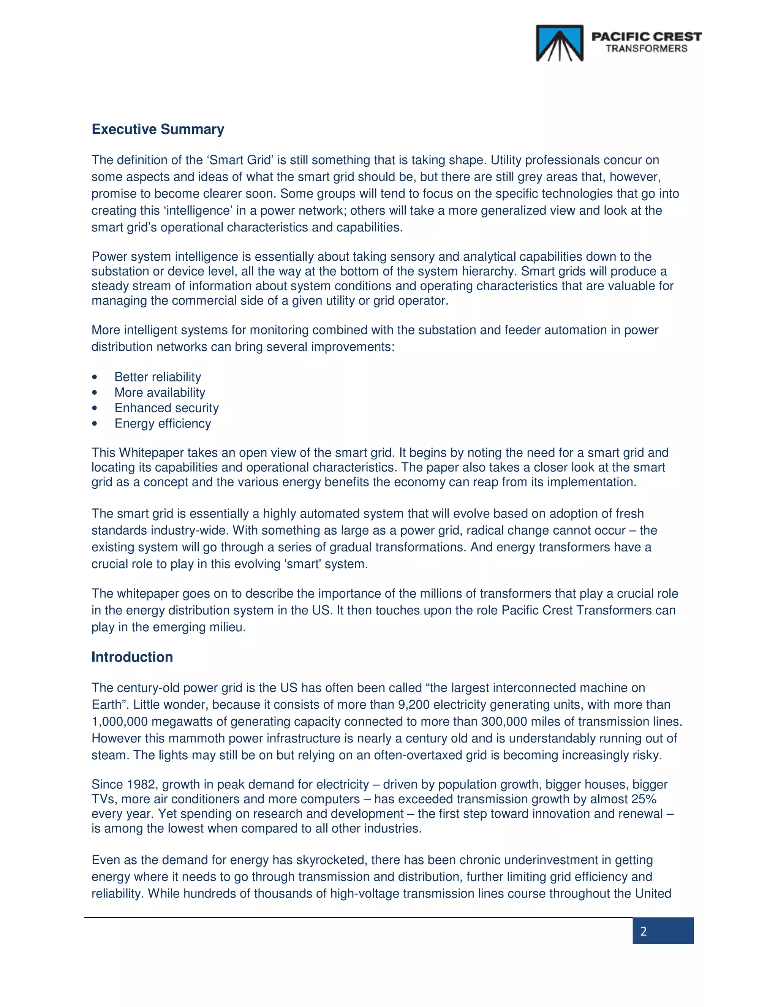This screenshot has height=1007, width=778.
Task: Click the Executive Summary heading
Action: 158,129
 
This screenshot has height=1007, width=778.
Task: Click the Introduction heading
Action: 132,657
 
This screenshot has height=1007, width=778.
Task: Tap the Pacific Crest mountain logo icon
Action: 560,43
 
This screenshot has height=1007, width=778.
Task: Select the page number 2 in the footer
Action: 644,931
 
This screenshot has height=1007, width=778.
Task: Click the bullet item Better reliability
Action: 158,377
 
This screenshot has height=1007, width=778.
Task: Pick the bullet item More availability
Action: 160,393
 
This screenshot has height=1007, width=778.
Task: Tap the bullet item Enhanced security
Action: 166,408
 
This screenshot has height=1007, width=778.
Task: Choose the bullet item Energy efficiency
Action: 162,424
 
